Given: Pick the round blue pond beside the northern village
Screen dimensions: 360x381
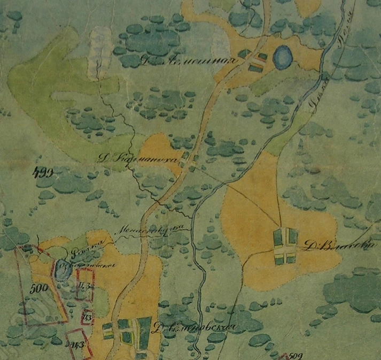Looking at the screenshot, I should tap(282, 55).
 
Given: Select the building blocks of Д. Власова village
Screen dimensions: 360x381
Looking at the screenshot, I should tap(285, 246).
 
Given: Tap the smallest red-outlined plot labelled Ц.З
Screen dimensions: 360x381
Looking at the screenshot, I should tap(87, 317).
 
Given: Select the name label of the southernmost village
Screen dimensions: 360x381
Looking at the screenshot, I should tap(194, 327).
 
